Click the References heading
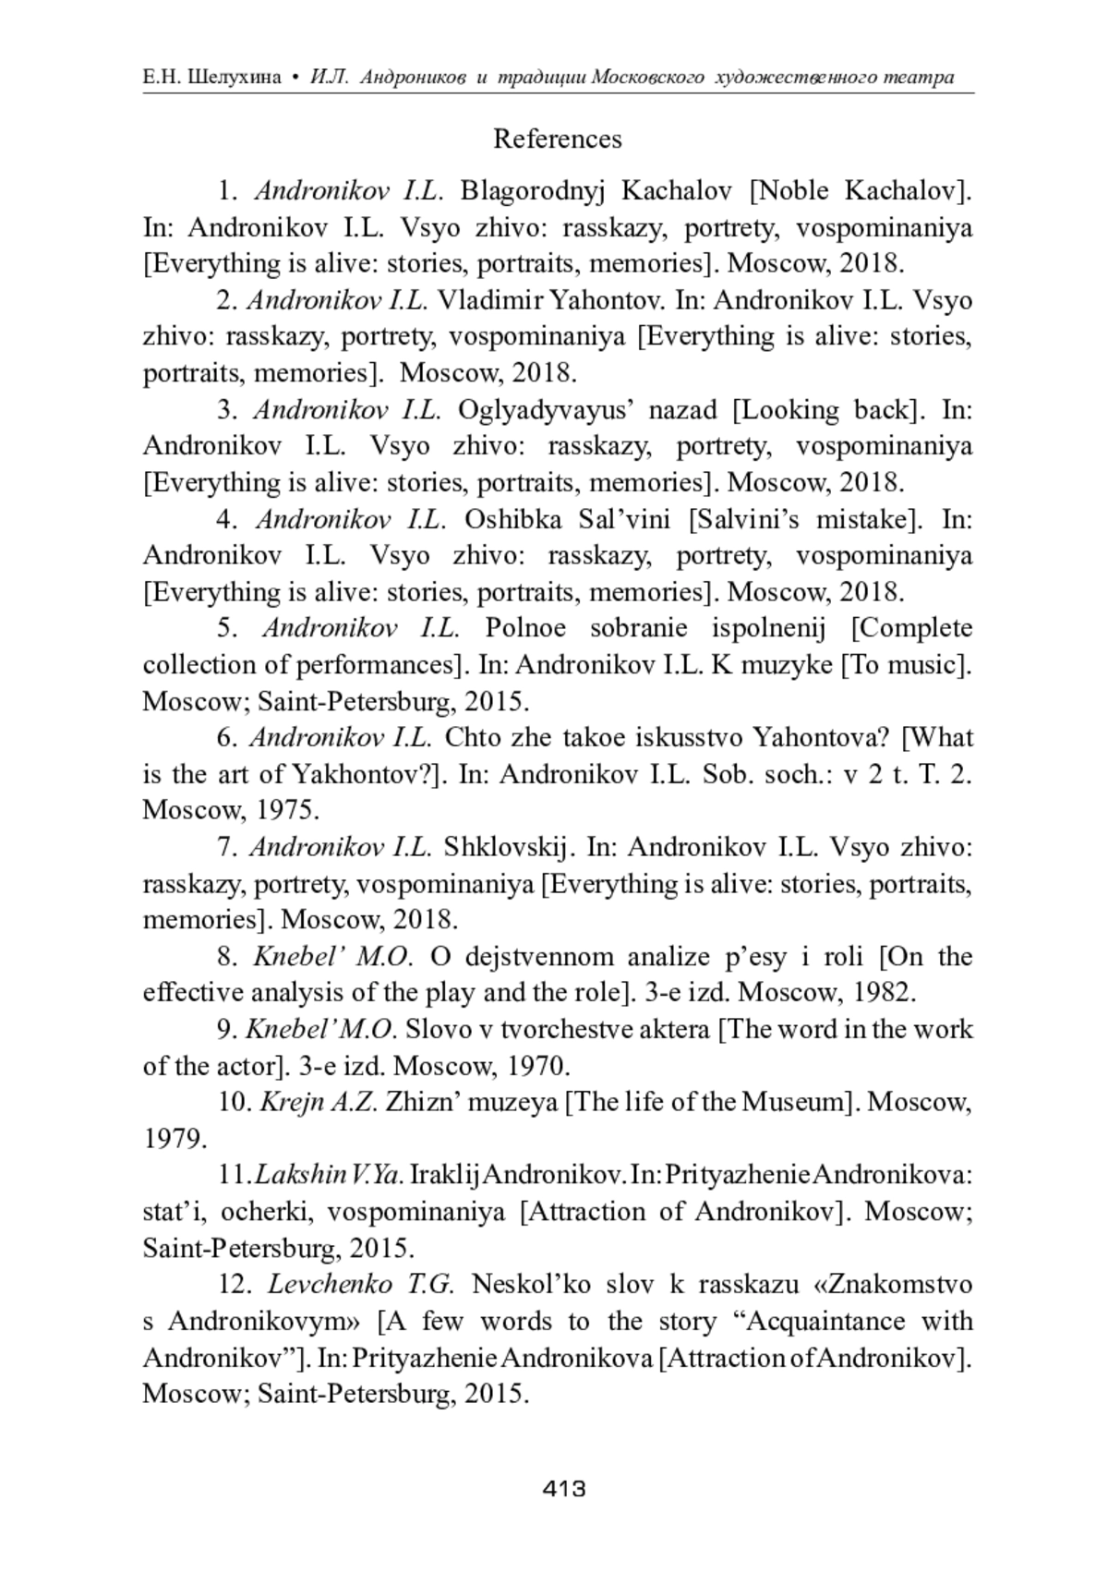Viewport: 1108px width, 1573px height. pos(557,139)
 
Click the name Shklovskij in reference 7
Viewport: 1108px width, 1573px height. pos(509,847)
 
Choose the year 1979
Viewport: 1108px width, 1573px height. pos(175,1139)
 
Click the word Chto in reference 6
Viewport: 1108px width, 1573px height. pos(469,738)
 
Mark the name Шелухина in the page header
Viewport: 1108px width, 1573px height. pos(234,78)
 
